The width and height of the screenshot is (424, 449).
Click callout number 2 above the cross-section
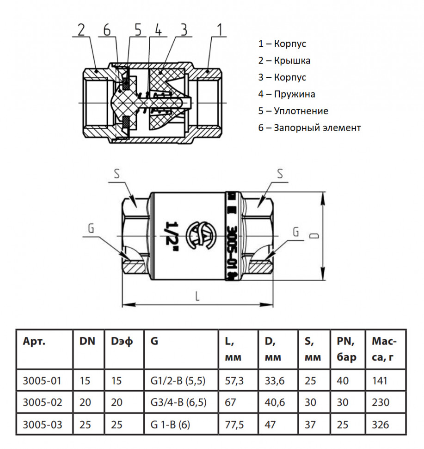tap(81, 30)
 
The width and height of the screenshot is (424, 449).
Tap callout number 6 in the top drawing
tap(107, 30)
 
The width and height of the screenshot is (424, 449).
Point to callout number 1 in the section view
tap(220, 30)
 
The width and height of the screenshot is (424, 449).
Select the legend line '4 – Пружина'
tap(286, 94)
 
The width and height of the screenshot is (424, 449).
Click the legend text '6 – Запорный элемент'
tap(309, 128)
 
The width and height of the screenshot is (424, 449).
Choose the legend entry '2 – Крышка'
tap(284, 61)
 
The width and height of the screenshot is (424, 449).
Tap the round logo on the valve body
tap(199, 236)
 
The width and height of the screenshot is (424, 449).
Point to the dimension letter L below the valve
tap(197, 296)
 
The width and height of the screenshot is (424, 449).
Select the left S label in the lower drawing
tap(117, 174)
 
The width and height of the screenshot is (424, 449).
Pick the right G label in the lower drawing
tap(296, 231)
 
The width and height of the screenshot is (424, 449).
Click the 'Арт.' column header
tap(34, 341)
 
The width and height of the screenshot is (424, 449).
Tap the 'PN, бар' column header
tap(346, 349)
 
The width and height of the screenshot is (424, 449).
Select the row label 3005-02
tap(43, 402)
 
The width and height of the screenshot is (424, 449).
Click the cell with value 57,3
tap(234, 381)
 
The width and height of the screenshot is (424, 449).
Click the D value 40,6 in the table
tap(275, 402)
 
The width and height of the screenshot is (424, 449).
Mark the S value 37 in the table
tap(310, 424)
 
